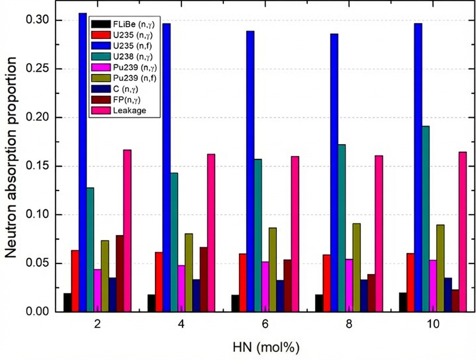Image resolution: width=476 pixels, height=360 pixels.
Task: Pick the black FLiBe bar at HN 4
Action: coord(151,303)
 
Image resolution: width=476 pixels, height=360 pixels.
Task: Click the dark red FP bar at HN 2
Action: coord(120,273)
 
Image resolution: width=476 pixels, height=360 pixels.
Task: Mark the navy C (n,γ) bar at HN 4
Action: coord(196,295)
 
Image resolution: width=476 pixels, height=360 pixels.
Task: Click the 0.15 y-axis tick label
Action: coord(39,166)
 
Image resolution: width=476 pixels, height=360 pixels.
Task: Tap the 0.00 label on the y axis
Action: coord(39,312)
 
